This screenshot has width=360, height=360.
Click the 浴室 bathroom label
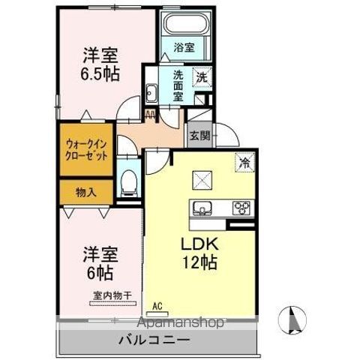[x=184, y=47]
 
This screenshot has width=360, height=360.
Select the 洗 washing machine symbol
[x=202, y=76]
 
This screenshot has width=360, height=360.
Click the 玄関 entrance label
[x=199, y=136]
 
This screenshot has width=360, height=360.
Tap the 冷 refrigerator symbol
[x=244, y=160]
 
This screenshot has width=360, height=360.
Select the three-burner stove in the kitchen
[x=243, y=208]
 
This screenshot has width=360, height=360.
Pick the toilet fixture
[x=129, y=180]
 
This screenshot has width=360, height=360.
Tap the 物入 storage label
[x=85, y=192]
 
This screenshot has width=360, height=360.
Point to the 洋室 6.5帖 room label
[x=100, y=64]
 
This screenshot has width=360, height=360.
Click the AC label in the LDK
[x=157, y=306]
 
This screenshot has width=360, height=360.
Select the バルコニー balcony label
[x=154, y=340]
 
